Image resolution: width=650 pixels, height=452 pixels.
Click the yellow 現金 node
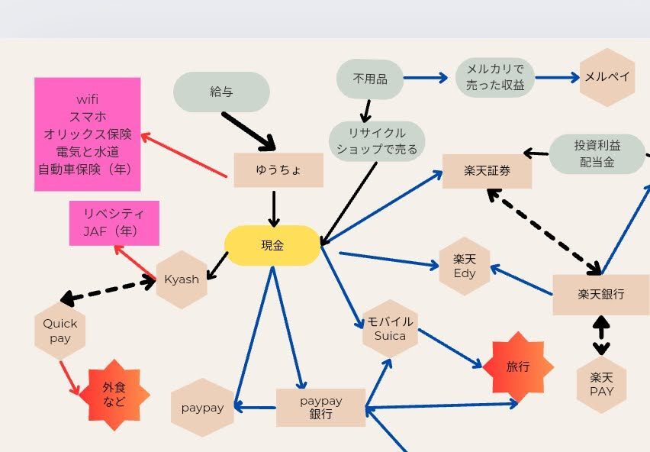click(272, 245)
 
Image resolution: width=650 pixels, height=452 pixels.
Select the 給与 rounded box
click(221, 92)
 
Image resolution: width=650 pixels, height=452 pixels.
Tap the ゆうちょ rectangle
click(278, 170)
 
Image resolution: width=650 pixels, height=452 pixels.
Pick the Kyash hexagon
click(182, 279)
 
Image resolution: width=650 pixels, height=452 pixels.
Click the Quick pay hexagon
click(60, 331)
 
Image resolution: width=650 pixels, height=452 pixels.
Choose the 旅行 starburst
click(517, 367)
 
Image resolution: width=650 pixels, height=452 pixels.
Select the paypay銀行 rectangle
click(320, 408)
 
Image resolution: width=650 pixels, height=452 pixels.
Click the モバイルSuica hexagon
click(390, 328)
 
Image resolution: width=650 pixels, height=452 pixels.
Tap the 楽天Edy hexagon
click(465, 266)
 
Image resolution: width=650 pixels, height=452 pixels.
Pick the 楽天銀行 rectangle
click(601, 294)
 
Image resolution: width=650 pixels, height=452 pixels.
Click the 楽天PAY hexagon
click(601, 384)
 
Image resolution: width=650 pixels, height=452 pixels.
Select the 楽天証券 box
click(487, 171)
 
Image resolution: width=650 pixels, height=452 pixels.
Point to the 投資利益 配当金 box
click(597, 153)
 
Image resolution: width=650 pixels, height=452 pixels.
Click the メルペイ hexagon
click(607, 76)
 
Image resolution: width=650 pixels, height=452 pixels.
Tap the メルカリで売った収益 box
click(495, 77)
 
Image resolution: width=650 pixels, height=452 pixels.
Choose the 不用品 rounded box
click(370, 79)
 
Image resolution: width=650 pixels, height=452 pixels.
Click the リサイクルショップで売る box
click(377, 141)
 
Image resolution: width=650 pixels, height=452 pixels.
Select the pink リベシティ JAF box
click(114, 223)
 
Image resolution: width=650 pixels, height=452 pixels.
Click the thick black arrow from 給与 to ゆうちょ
click(249, 131)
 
